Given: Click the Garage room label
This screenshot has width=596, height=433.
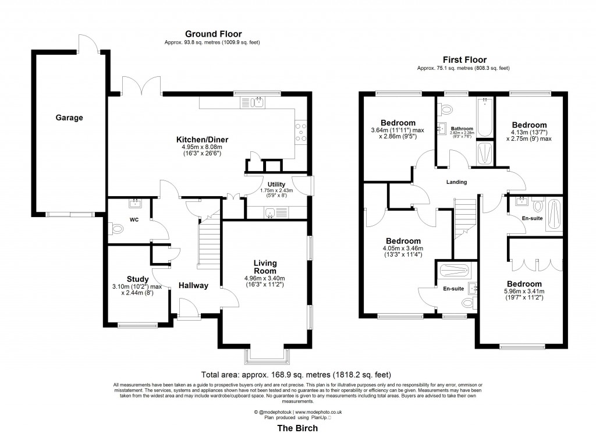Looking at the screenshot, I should pos(69,118).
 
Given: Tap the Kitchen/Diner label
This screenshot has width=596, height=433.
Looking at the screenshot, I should pos(203,140).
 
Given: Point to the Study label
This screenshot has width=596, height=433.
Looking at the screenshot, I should pos(138,279).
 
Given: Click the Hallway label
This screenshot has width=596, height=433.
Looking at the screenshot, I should pos(193,285).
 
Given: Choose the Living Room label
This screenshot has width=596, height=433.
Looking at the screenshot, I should pos(264,267).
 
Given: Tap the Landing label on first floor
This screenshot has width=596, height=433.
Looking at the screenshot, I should pos(456,182).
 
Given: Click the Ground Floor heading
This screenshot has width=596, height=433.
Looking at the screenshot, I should pos(213,34).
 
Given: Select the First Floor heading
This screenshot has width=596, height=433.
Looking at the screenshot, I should pos(464,59).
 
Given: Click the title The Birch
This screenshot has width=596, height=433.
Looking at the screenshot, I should pos(297,428).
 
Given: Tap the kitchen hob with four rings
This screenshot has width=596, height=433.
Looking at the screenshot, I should pos(301,132).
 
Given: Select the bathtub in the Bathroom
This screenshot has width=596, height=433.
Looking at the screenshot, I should pos(484,111).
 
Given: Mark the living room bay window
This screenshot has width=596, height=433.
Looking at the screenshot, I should pos(266,355).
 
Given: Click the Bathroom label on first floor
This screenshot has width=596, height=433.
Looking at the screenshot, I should pos(461,129).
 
